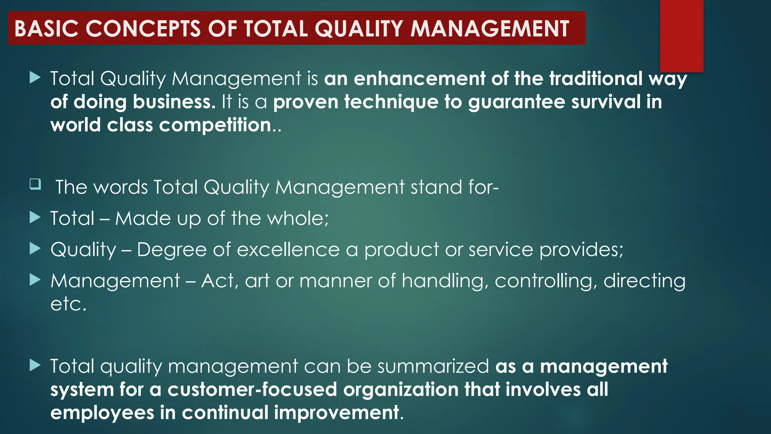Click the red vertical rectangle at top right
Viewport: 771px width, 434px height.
point(681,36)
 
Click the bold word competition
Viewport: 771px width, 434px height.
point(215,125)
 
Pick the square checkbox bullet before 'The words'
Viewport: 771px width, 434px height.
point(35,184)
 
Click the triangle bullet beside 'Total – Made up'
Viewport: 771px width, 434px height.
point(35,217)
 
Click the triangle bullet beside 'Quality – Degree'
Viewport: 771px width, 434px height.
point(35,248)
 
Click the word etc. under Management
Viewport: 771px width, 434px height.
point(68,304)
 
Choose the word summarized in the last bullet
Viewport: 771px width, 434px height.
point(433,367)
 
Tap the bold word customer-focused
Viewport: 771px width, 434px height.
point(252,390)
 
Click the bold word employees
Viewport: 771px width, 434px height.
point(102,413)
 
